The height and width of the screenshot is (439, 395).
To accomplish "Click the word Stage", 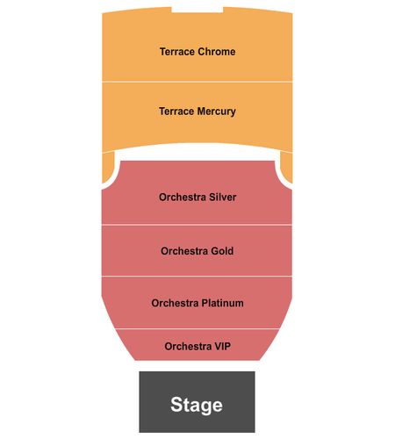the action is tap(197, 405).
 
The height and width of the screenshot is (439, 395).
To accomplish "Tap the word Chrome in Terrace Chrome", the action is tap(216, 52).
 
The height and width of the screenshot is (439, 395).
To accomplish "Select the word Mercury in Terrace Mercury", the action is tap(216, 112).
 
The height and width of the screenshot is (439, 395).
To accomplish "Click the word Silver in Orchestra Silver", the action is tap(222, 197).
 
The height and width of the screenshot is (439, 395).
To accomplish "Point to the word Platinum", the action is tap(222, 303).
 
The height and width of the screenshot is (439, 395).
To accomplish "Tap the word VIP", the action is tap(223, 346).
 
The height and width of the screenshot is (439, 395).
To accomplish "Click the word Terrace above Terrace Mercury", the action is tap(177, 52).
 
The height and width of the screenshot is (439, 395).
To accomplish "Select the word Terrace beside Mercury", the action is tap(176, 112).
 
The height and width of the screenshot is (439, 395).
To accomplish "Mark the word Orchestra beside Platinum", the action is tap(175, 303).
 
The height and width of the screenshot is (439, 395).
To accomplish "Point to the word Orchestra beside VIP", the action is tap(188, 346).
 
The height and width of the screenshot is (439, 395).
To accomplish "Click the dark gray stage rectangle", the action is tap(197, 402).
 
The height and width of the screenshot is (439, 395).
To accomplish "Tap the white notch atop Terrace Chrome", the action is tap(197, 10).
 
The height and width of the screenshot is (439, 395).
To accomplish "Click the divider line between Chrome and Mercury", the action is tap(197, 82).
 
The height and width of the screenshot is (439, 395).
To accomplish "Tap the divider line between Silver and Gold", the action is tap(197, 225).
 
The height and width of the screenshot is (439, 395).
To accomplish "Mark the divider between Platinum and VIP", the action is tap(197, 328).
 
